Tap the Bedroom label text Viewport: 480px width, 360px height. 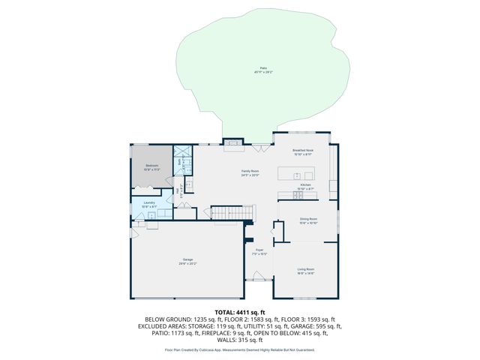pyautogui.click(x=151, y=165)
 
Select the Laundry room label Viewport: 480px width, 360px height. pyautogui.click(x=149, y=202)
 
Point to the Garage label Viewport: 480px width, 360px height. pyautogui.click(x=187, y=259)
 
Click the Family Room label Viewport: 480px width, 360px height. pyautogui.click(x=250, y=172)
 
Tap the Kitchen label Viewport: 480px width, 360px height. pyautogui.click(x=305, y=184)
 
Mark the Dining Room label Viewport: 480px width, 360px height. pyautogui.click(x=308, y=219)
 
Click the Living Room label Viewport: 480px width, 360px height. pyautogui.click(x=305, y=268)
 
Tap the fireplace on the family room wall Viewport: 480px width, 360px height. pyautogui.click(x=234, y=141)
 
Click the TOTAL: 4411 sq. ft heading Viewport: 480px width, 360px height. pyautogui.click(x=240, y=311)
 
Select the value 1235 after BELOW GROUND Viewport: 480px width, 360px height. pyautogui.click(x=194, y=319)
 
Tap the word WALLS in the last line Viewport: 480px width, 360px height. pyautogui.click(x=224, y=340)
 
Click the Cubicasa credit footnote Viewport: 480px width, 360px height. pyautogui.click(x=240, y=350)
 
